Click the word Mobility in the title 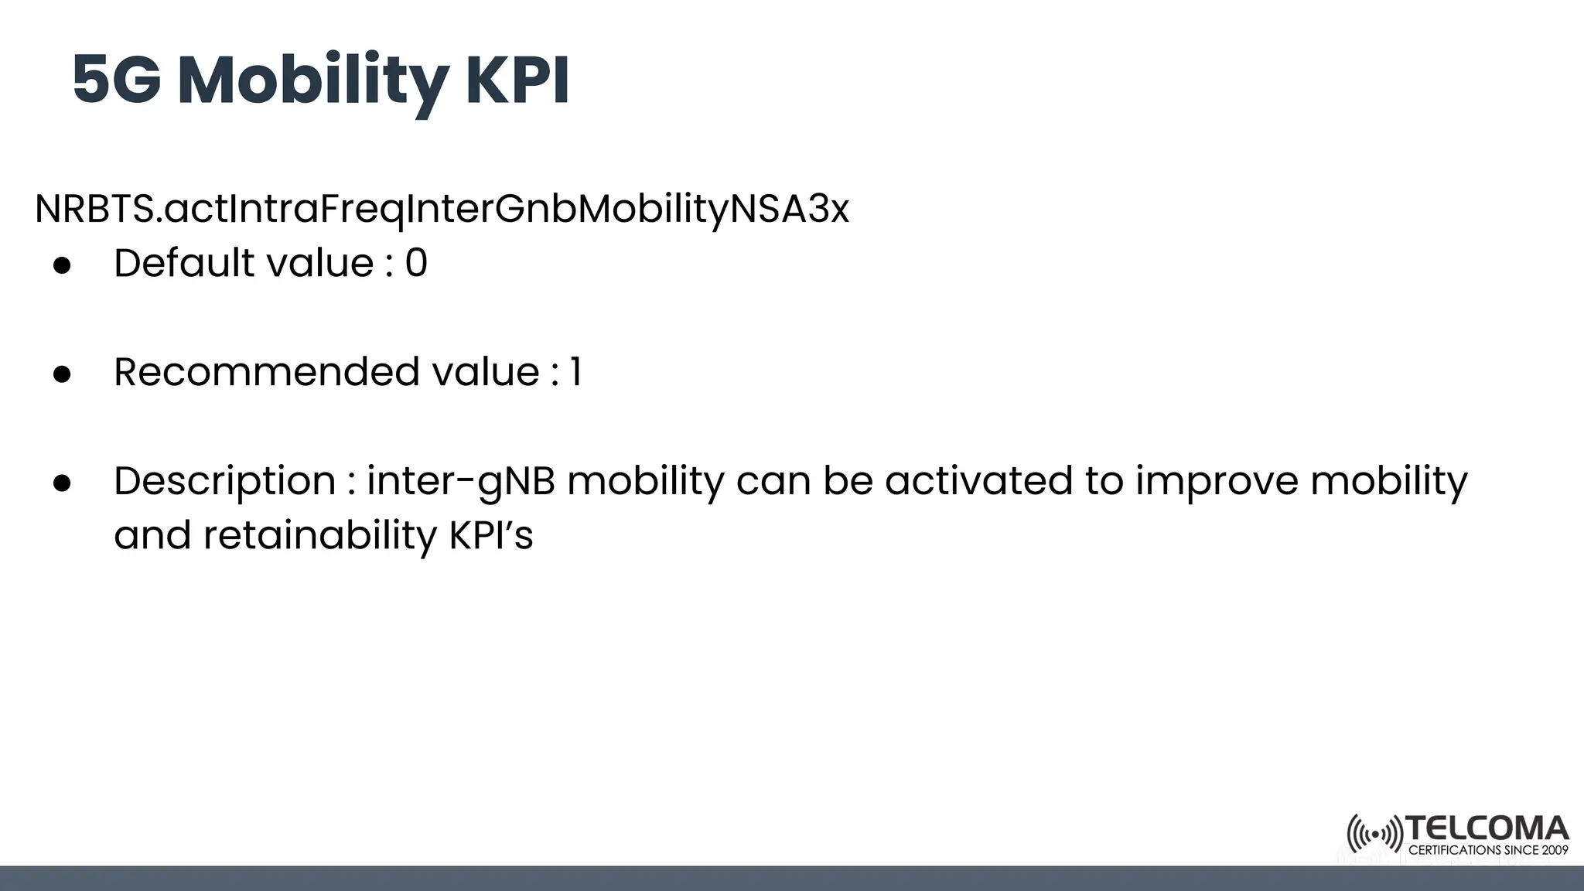[312, 81]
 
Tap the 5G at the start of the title [117, 80]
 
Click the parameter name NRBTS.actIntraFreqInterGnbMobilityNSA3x [442, 209]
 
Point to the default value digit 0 [416, 264]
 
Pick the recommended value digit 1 [575, 372]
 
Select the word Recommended [267, 372]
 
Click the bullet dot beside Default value [62, 265]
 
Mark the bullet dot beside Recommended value [62, 374]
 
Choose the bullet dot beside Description [62, 483]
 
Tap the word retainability [320, 535]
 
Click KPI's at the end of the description [491, 534]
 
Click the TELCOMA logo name [1487, 829]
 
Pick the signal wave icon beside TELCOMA [1374, 835]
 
